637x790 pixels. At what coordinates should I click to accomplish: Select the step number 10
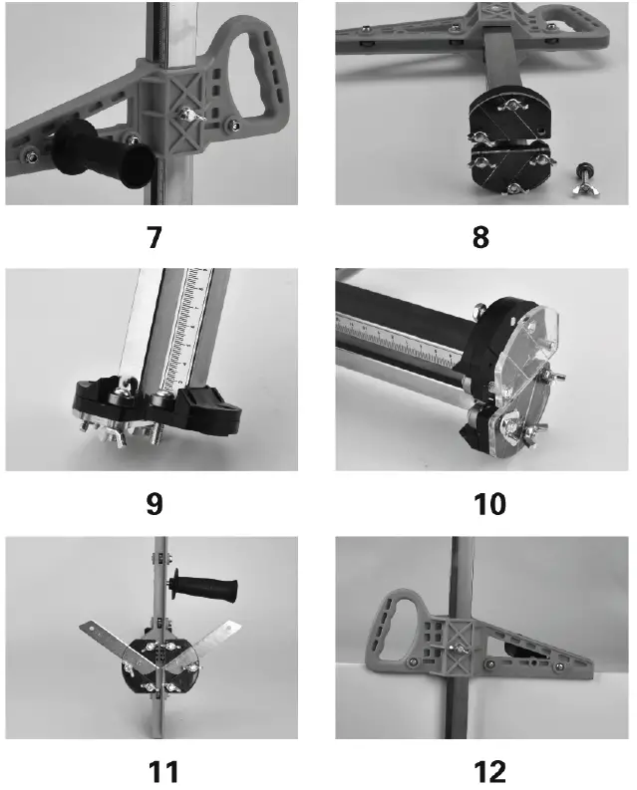483,504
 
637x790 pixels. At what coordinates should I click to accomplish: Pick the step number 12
483,770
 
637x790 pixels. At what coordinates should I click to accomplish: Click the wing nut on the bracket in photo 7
186,118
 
